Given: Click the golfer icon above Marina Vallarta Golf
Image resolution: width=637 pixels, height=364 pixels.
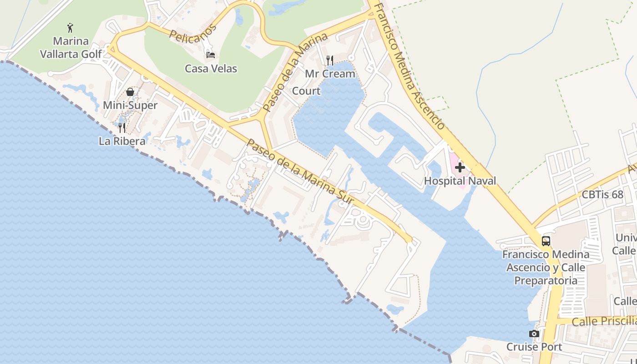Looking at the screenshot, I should (70, 28).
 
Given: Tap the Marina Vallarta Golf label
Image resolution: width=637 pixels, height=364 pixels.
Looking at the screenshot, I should (71, 47).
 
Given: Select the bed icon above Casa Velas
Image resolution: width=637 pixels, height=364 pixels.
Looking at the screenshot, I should (211, 55).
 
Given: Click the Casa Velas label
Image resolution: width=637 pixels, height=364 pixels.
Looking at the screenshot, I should (211, 69).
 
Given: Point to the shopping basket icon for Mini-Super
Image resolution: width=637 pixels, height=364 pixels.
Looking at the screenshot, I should (130, 92).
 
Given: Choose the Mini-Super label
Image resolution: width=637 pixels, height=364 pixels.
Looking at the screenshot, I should (130, 106).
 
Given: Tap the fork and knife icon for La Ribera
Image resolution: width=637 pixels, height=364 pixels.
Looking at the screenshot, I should (121, 127).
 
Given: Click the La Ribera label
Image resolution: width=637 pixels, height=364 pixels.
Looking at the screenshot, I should (122, 141).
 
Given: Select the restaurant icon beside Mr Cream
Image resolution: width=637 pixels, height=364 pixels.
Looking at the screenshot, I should (330, 60).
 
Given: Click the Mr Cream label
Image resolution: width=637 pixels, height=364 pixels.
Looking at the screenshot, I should (330, 74).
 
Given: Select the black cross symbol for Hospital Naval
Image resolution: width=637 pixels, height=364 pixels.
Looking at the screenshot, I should (460, 167).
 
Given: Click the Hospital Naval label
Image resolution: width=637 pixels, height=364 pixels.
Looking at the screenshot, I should (460, 181).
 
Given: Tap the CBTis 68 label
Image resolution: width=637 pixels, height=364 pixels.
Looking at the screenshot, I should (602, 195).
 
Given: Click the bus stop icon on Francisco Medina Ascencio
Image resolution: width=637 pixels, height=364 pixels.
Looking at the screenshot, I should (546, 241).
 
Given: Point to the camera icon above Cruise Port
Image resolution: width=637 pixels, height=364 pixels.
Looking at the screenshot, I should (534, 334).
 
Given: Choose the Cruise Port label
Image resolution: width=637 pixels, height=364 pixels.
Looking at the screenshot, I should (534, 347).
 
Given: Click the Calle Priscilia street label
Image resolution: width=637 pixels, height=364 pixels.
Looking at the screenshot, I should (604, 321).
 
